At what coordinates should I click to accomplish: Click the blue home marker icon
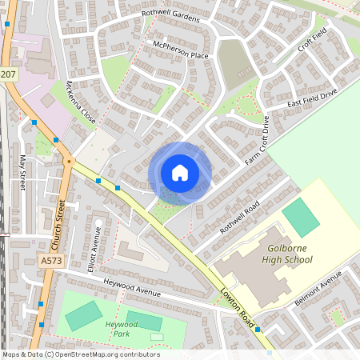click(180, 172)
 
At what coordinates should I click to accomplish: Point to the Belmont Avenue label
click(318, 286)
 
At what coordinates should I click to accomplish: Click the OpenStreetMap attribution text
click(80, 354)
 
